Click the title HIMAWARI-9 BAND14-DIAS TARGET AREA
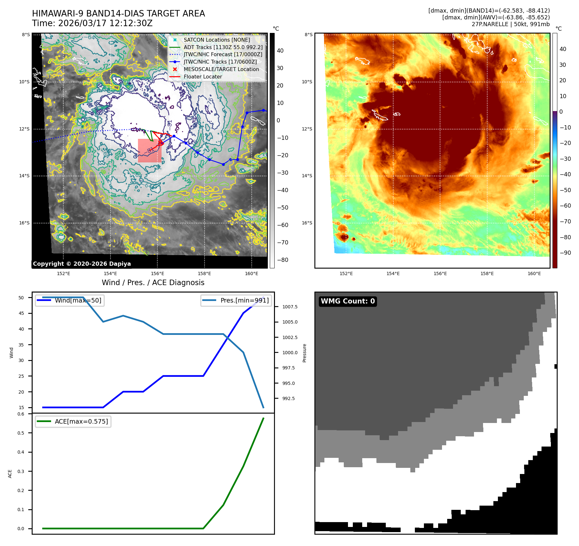coord(118,14)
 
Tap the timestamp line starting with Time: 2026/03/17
coord(92,23)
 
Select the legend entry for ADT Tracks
coord(223,47)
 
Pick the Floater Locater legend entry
coord(203,77)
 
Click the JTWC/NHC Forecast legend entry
coord(223,55)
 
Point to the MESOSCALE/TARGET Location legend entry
coord(221,69)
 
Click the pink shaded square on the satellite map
coord(150,150)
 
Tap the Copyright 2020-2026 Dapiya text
coord(82,264)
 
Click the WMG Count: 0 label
coord(348,301)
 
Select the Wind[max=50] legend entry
coord(78,300)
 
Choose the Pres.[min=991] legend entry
coord(244,300)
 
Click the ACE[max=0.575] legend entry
coord(81,421)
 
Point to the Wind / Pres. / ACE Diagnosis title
coord(153,283)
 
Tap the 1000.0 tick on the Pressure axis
coord(290,353)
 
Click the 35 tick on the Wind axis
coord(21,345)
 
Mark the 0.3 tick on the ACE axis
coord(21,471)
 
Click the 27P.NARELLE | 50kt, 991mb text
coord(510,24)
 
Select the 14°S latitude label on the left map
coord(24,176)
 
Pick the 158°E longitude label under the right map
coord(487,273)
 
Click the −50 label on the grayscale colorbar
coord(282,208)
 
